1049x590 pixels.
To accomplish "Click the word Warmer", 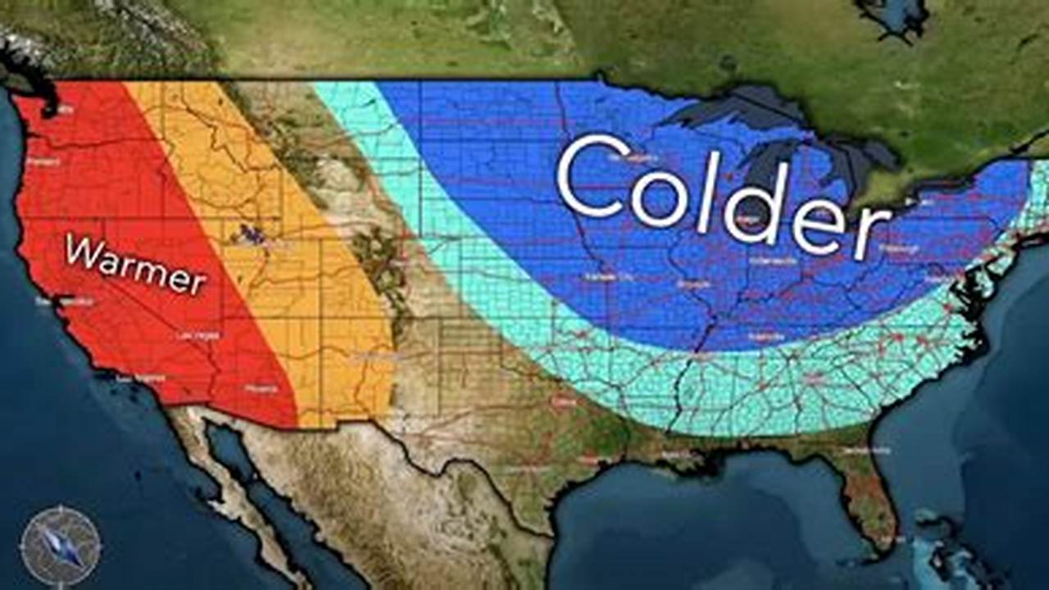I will pyautogui.click(x=135, y=264).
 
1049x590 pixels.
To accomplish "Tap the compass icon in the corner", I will pyautogui.click(x=61, y=546).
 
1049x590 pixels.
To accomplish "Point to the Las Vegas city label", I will pyautogui.click(x=197, y=335).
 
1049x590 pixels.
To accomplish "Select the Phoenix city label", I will pyautogui.click(x=261, y=389).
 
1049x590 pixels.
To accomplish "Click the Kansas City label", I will pyautogui.click(x=605, y=277).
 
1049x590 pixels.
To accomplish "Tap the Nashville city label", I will pyautogui.click(x=766, y=336).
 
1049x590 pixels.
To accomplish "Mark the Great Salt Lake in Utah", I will pyautogui.click(x=251, y=236).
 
